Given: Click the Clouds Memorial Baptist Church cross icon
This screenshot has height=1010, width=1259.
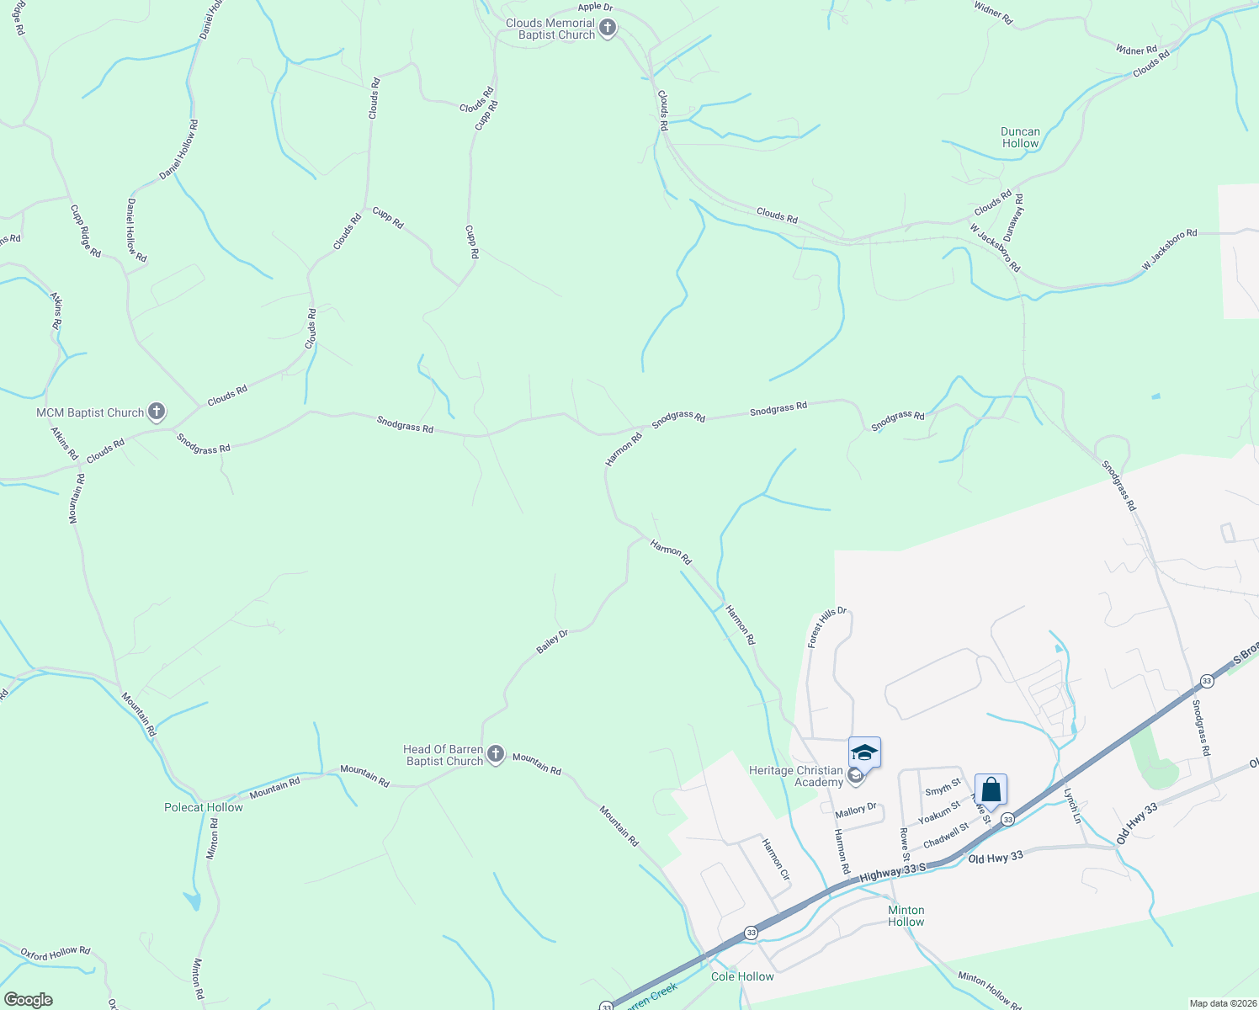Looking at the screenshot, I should (x=607, y=29).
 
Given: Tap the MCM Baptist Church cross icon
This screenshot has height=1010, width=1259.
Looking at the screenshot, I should (x=156, y=412).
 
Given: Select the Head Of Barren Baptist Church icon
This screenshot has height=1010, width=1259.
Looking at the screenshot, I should (x=496, y=754).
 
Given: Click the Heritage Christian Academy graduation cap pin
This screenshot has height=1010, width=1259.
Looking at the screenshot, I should (x=864, y=752).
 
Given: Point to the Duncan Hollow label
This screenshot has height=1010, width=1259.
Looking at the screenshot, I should (x=1020, y=137).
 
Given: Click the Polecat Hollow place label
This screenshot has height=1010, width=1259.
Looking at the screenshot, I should (x=203, y=807).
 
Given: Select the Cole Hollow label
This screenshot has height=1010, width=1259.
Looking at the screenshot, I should (x=741, y=976).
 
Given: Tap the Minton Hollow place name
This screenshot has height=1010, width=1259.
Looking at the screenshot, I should (x=906, y=916).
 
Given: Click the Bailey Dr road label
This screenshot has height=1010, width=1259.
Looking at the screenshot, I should (x=552, y=641).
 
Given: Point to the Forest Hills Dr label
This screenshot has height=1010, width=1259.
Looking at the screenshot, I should (x=826, y=628).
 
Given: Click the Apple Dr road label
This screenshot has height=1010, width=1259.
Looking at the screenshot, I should (x=595, y=8).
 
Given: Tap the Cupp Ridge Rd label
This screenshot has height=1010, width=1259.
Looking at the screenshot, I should (x=85, y=231).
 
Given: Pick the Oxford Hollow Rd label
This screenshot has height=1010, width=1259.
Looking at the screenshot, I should (x=55, y=953).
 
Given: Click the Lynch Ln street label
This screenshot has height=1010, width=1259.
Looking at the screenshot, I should (x=1071, y=805).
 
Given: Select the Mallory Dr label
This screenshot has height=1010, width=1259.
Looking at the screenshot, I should (x=856, y=810).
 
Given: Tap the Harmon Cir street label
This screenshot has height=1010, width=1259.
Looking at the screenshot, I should (x=775, y=858).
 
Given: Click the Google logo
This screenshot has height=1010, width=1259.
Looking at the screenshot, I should (x=28, y=1000).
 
